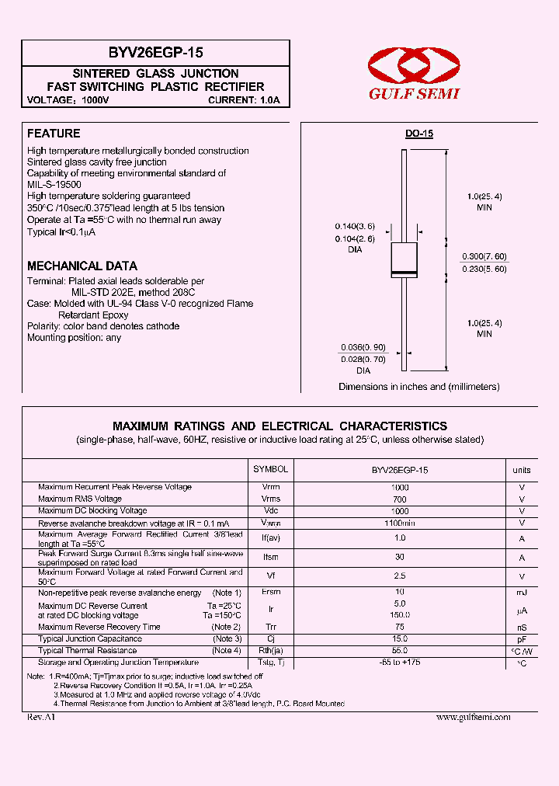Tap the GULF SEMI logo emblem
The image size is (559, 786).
pos(413,65)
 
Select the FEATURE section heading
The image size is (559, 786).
pos(54,134)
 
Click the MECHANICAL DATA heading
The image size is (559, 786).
pos(82,266)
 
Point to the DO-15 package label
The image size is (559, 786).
pos(419,134)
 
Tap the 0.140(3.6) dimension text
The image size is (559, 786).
pos(353,225)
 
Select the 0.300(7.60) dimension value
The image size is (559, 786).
pos(484,256)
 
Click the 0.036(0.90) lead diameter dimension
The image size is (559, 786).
pos(363,347)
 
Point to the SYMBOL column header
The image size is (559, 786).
pos(271,469)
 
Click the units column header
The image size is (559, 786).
pos(522,470)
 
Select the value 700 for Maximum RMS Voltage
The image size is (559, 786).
pos(400,499)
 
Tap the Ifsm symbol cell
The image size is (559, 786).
pos(271,557)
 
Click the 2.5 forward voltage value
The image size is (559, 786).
pos(400,576)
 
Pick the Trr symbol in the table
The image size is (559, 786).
pos(271,627)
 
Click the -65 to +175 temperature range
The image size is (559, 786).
pos(400,663)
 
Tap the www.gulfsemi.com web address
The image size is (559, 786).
pos(474,717)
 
